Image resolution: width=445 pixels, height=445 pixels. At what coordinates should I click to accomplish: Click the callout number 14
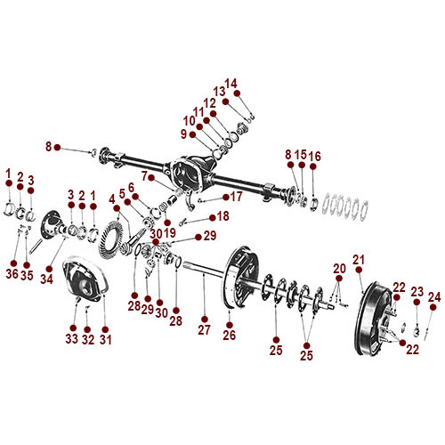point(231,84)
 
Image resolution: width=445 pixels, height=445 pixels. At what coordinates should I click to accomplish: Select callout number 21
point(359,259)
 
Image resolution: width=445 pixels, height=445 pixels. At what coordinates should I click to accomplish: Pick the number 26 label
point(229,336)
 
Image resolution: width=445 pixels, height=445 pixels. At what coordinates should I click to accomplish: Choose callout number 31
point(105,339)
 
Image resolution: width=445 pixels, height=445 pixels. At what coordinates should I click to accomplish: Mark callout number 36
point(14,274)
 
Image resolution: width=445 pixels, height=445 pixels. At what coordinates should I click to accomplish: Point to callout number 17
point(238,196)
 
